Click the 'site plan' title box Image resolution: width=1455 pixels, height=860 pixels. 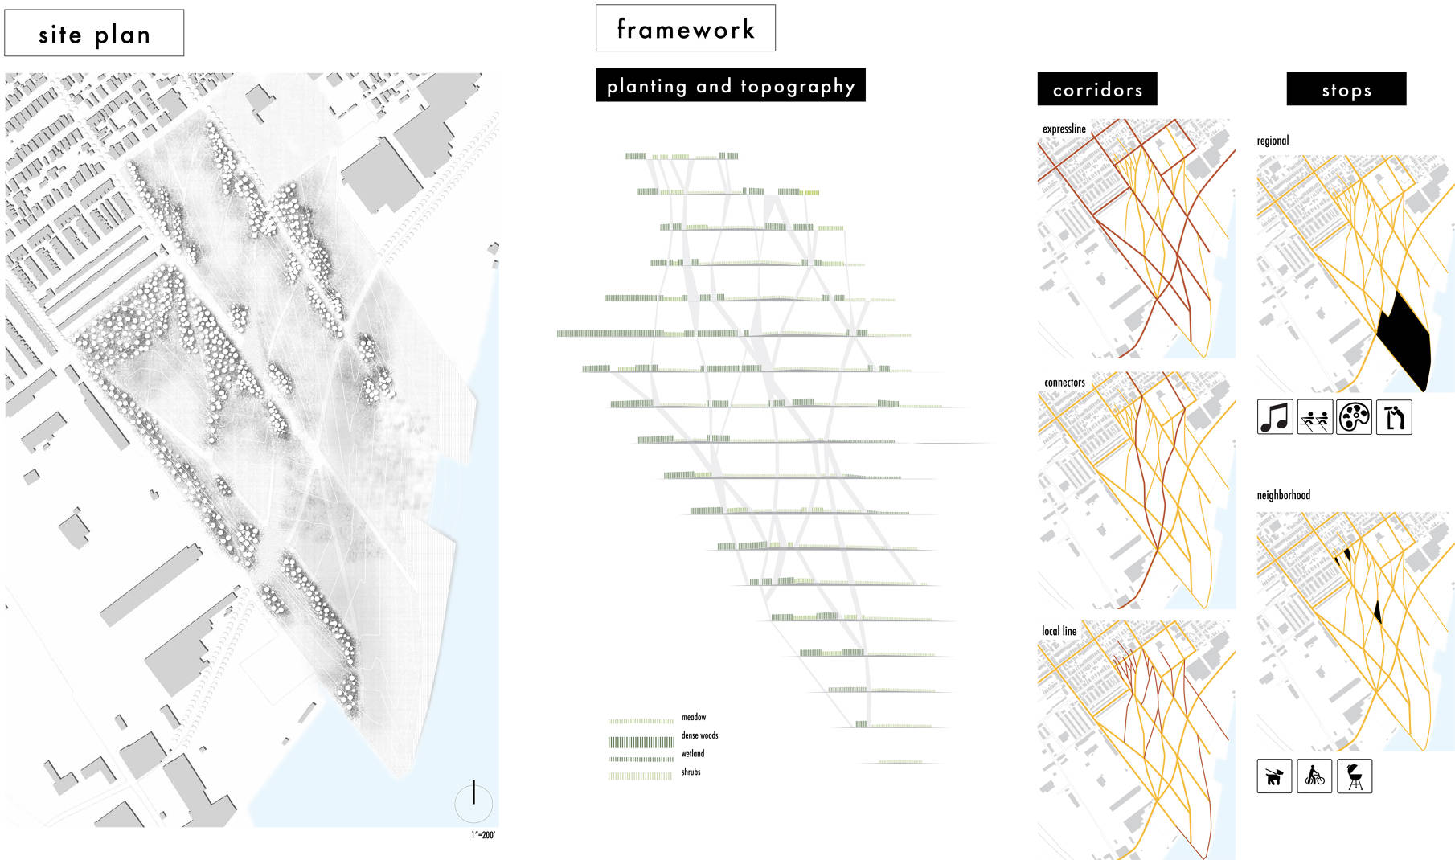point(94,34)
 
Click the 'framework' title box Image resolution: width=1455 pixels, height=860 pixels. point(685,29)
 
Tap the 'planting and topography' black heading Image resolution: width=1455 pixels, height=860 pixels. point(730,85)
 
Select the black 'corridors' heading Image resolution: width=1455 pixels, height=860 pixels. point(1096,89)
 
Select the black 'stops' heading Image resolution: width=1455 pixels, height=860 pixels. point(1346,89)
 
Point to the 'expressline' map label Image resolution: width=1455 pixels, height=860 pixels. point(1064,129)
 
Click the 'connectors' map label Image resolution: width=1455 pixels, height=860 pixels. point(1064,383)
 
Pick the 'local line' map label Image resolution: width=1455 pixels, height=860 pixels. point(1059,631)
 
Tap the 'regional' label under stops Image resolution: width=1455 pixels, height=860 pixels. point(1273,141)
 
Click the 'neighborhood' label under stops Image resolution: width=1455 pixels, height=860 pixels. point(1283,495)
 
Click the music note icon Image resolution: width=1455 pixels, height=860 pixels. point(1275,417)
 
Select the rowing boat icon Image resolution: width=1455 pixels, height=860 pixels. point(1314,417)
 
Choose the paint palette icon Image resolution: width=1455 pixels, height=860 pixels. point(1354,417)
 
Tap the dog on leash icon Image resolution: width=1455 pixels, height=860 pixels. point(1274,776)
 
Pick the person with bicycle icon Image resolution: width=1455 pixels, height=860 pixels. point(1314,776)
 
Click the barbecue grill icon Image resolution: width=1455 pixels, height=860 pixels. point(1355,776)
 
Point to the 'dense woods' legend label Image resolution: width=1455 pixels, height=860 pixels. point(699,735)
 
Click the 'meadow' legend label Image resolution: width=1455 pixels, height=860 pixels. point(693,717)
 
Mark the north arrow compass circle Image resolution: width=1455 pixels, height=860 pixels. point(473,801)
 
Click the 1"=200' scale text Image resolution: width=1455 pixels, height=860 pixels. point(482,835)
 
